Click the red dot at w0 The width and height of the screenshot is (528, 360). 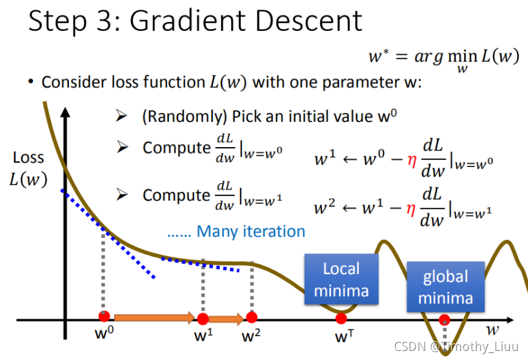tap(104, 317)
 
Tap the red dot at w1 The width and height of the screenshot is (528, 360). tap(203, 318)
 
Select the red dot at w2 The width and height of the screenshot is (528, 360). tap(252, 317)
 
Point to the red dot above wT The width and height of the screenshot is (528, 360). tap(341, 318)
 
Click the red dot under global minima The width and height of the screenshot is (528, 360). tap(444, 319)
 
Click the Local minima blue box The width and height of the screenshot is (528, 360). tap(341, 279)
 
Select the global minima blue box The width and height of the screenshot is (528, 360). tap(445, 287)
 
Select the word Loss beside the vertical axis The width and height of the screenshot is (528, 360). tap(28, 157)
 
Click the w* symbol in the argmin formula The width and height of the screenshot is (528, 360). tap(378, 56)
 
